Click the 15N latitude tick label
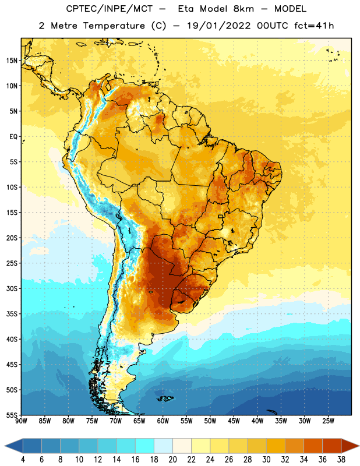tap(12, 61)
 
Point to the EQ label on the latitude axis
tap(13, 137)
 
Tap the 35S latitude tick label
tap(12, 314)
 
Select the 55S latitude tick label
tap(12, 415)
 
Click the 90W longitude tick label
tap(21, 421)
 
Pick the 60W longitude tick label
tap(163, 421)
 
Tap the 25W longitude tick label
tap(328, 421)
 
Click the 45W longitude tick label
tap(234, 421)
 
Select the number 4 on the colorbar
tap(23, 460)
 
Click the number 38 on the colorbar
tap(341, 460)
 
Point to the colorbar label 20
tap(172, 460)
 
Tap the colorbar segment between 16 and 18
tap(145, 446)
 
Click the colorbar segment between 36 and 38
tap(332, 446)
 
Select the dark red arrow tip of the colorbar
tap(350, 446)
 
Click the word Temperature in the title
tap(114, 26)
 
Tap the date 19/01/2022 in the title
tap(219, 26)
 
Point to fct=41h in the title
tap(314, 26)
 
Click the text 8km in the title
tap(243, 9)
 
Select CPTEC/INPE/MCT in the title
tap(109, 9)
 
